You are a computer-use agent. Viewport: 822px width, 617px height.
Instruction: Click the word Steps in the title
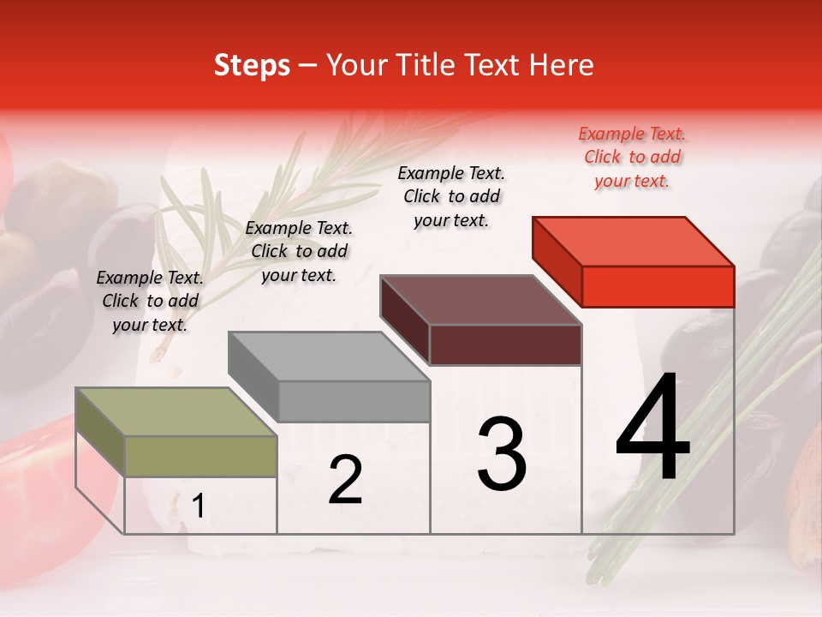pyautogui.click(x=252, y=65)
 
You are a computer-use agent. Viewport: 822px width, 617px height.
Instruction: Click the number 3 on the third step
pyautogui.click(x=502, y=454)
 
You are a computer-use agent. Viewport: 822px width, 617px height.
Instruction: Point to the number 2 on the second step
pyautogui.click(x=345, y=480)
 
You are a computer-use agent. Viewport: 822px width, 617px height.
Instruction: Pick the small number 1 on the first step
pyautogui.click(x=199, y=506)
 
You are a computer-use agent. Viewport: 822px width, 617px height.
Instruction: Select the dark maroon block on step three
pyautogui.click(x=480, y=301)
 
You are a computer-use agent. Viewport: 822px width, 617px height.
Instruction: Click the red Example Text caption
pyautogui.click(x=632, y=157)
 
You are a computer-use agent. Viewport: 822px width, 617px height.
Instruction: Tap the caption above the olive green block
pyautogui.click(x=150, y=301)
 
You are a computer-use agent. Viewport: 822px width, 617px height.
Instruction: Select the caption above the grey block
pyautogui.click(x=299, y=251)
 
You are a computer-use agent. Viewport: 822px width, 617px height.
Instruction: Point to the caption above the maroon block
pyautogui.click(x=451, y=196)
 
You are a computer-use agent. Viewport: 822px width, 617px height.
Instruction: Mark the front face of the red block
pyautogui.click(x=658, y=286)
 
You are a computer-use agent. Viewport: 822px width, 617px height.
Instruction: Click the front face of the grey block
pyautogui.click(x=354, y=401)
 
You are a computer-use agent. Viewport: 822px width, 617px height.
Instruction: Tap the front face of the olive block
pyautogui.click(x=200, y=456)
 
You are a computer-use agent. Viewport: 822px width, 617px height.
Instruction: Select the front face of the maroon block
pyautogui.click(x=505, y=344)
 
